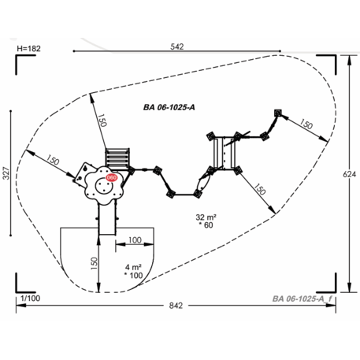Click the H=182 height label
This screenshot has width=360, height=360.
[29, 49]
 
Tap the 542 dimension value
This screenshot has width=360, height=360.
[177, 46]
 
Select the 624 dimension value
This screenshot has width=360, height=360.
[350, 174]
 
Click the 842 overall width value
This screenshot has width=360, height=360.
[176, 306]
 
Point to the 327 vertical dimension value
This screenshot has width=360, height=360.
[6, 173]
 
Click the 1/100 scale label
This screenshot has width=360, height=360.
[31, 299]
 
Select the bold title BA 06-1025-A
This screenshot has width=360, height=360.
[169, 107]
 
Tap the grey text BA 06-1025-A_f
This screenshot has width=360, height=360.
[302, 299]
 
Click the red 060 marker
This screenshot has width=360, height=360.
[111, 178]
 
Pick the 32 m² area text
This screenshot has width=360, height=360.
[206, 217]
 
